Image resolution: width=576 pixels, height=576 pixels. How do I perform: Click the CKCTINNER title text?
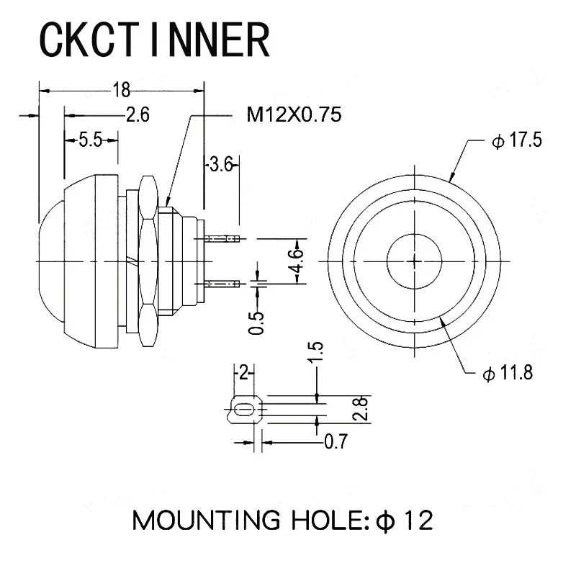[155, 39]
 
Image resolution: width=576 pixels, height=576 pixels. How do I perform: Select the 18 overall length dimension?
[121, 90]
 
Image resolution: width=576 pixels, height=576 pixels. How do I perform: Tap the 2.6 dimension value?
[138, 114]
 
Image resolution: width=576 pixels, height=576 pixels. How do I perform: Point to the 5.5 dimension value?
[91, 140]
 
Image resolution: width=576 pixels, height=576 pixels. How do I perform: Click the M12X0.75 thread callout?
[294, 114]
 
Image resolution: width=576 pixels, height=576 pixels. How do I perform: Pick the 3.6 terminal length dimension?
[221, 164]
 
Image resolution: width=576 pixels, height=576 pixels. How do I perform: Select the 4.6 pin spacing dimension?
[297, 261]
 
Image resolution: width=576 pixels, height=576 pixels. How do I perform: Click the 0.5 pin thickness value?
[256, 323]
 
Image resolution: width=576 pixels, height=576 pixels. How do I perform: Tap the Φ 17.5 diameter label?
[516, 140]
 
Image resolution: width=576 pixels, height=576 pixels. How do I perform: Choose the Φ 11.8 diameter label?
[508, 373]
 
